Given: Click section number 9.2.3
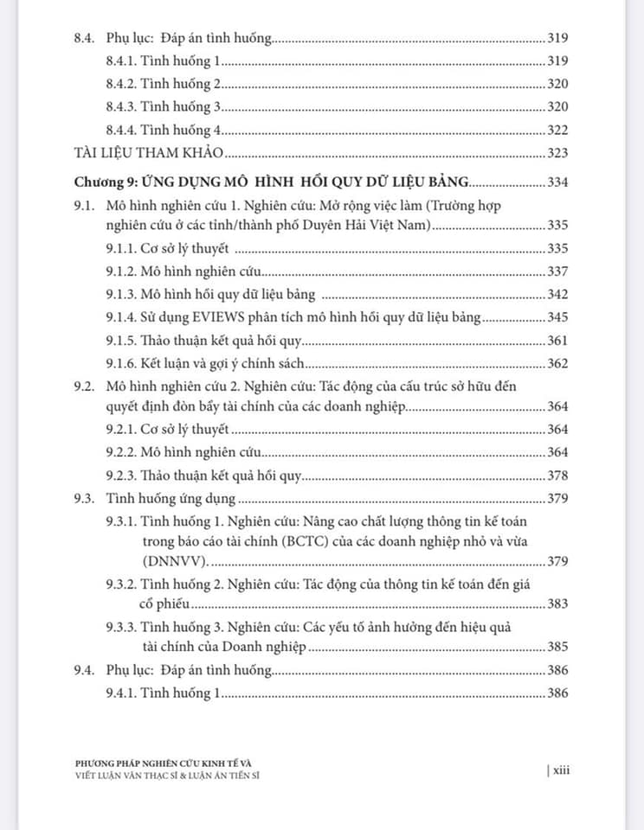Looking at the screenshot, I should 122,475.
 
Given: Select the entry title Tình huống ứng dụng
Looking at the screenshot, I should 171,498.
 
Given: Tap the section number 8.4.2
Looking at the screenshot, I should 122,84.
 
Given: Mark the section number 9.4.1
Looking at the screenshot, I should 122,693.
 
